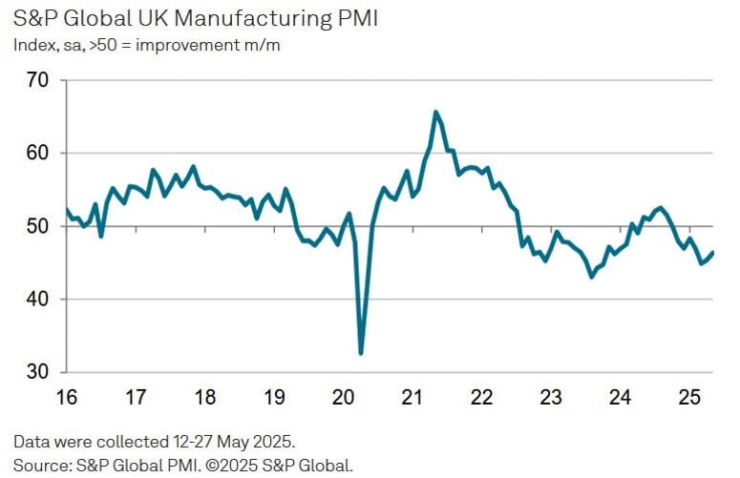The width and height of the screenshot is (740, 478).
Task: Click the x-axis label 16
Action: [x=65, y=395]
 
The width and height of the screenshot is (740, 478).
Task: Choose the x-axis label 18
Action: [x=204, y=395]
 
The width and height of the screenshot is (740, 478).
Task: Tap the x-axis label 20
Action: [x=343, y=395]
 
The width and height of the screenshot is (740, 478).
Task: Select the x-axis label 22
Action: [x=481, y=395]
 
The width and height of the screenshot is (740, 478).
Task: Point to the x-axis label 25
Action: [x=689, y=395]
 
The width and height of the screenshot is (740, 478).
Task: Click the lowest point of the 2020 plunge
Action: [x=361, y=354]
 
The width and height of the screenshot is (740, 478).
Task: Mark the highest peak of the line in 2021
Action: [x=435, y=112]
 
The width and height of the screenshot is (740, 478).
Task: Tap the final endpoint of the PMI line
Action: [x=712, y=252]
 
